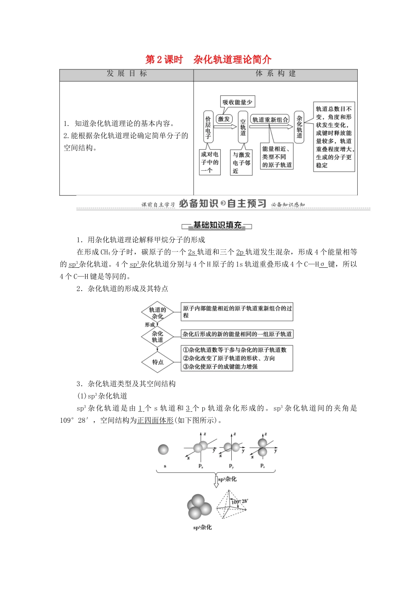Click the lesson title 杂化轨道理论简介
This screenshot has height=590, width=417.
(232, 60)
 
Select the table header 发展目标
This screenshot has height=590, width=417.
(126, 74)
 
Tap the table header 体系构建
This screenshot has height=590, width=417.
(276, 74)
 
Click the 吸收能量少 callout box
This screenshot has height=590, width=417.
(237, 102)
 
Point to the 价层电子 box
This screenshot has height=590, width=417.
(208, 127)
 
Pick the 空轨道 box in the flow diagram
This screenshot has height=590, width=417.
(243, 127)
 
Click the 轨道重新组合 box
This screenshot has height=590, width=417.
(270, 119)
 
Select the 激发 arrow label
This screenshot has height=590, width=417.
(224, 119)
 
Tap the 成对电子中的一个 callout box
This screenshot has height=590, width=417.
(210, 162)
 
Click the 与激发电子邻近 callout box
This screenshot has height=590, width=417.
(241, 162)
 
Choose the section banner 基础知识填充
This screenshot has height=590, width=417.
(217, 226)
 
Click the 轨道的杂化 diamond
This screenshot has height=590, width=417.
(158, 313)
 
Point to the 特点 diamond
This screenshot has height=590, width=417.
(158, 362)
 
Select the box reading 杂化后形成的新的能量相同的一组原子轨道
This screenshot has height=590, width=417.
(237, 334)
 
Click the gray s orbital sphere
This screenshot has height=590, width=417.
(163, 450)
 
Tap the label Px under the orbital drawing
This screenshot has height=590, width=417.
(201, 466)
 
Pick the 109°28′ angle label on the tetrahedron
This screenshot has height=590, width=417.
(240, 501)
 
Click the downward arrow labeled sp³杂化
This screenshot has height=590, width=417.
(216, 480)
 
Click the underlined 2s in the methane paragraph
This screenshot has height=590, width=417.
(191, 252)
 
